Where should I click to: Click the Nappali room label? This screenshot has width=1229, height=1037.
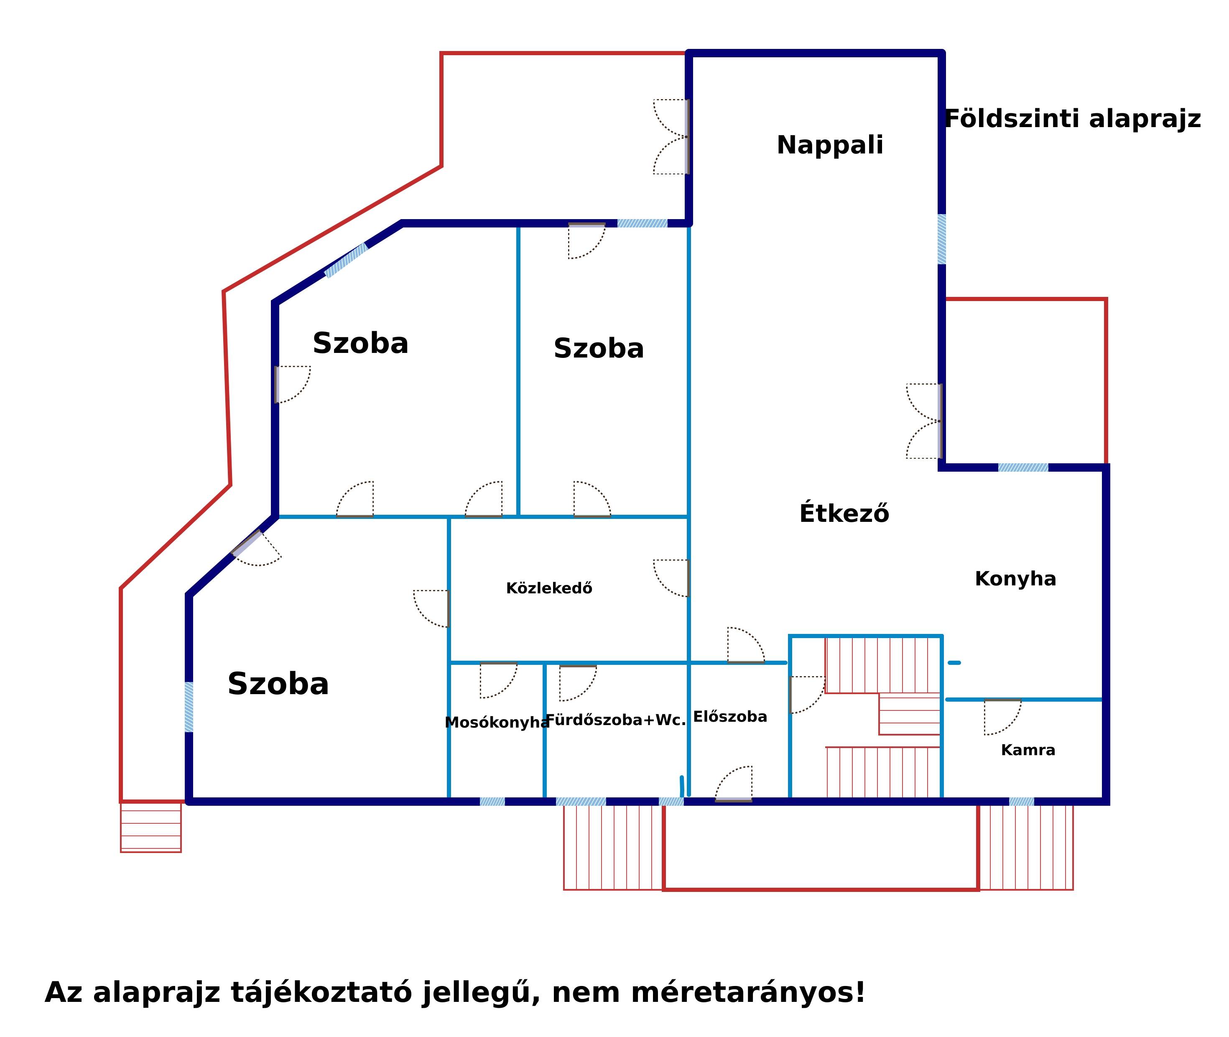(829, 145)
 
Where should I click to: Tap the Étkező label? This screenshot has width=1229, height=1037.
(844, 513)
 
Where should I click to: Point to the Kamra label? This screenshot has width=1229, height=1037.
(1028, 750)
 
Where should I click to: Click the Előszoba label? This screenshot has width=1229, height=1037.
(730, 717)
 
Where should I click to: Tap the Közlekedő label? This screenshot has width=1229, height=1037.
(549, 588)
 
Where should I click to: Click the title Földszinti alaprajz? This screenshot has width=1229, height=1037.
(1072, 119)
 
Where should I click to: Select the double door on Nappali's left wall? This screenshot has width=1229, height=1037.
(671, 136)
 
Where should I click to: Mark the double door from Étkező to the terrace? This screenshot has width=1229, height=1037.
(924, 421)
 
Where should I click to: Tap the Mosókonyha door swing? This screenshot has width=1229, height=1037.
(498, 681)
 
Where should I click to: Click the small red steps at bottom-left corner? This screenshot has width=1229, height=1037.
(150, 827)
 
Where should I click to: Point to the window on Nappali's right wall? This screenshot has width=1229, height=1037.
(941, 239)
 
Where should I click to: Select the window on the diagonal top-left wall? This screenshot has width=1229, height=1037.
(346, 260)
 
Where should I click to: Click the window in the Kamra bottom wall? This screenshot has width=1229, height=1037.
(1022, 801)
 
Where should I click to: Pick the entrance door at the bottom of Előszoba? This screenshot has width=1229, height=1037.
(734, 784)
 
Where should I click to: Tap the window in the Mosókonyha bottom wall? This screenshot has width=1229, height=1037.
(492, 801)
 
